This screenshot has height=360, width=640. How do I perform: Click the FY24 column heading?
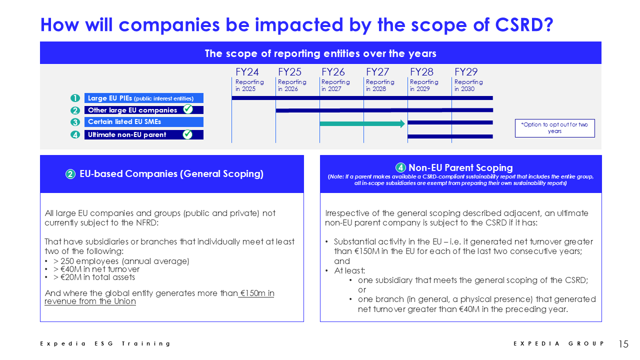coord(247,71)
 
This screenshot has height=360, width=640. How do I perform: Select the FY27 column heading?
coord(377,71)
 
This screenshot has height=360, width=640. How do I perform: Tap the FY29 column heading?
coord(466,71)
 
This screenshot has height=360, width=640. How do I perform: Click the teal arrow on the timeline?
coord(362,123)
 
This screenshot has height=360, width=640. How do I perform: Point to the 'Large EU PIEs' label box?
coord(143,98)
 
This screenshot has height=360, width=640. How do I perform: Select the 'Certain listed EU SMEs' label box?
coord(143,122)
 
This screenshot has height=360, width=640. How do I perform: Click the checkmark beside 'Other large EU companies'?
coord(188,109)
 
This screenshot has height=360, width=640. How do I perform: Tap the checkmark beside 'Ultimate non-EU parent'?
coord(187,134)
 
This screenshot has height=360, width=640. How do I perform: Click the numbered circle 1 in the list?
coord(75,98)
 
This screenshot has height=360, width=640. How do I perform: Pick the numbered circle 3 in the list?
coord(75,122)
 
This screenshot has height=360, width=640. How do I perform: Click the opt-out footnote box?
coord(555,128)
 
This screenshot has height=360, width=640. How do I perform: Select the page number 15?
coord(623,343)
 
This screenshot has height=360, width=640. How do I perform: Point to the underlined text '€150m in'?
coord(257,293)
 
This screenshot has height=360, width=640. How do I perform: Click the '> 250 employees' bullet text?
coord(121,261)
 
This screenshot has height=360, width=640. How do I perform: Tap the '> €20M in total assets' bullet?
coord(94,277)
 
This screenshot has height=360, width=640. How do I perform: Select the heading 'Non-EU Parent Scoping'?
coord(460,167)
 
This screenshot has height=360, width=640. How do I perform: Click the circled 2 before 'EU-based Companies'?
coord(70,174)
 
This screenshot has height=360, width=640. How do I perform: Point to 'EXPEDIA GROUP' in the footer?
coord(558,343)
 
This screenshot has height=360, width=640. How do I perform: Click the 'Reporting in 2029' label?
coord(424,85)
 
